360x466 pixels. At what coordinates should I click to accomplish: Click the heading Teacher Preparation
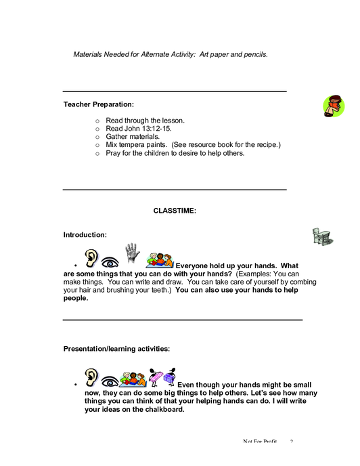pos(99,104)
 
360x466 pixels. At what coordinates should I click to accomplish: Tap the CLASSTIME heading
pos(175,211)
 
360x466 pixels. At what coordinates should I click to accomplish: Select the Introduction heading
pos(85,235)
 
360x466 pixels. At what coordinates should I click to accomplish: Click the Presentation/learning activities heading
pos(117,349)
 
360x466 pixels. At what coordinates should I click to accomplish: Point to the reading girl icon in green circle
pos(334,106)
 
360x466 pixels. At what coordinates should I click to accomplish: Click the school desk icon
pos(323,236)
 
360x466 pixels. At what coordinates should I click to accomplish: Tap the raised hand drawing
pos(132,253)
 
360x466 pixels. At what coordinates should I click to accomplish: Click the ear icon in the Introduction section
pos(91,258)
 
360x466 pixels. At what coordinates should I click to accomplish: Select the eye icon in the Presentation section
pos(110,381)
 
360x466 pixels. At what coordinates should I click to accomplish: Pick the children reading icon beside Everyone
pos(160,260)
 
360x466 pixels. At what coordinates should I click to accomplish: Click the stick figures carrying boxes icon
pos(162,377)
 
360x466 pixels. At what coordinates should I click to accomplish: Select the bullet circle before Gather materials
pos(97,137)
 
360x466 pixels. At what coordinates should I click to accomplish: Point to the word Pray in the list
pos(113,153)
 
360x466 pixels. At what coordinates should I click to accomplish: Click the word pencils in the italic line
pos(256,55)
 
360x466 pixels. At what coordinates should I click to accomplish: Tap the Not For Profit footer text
pos(260,442)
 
